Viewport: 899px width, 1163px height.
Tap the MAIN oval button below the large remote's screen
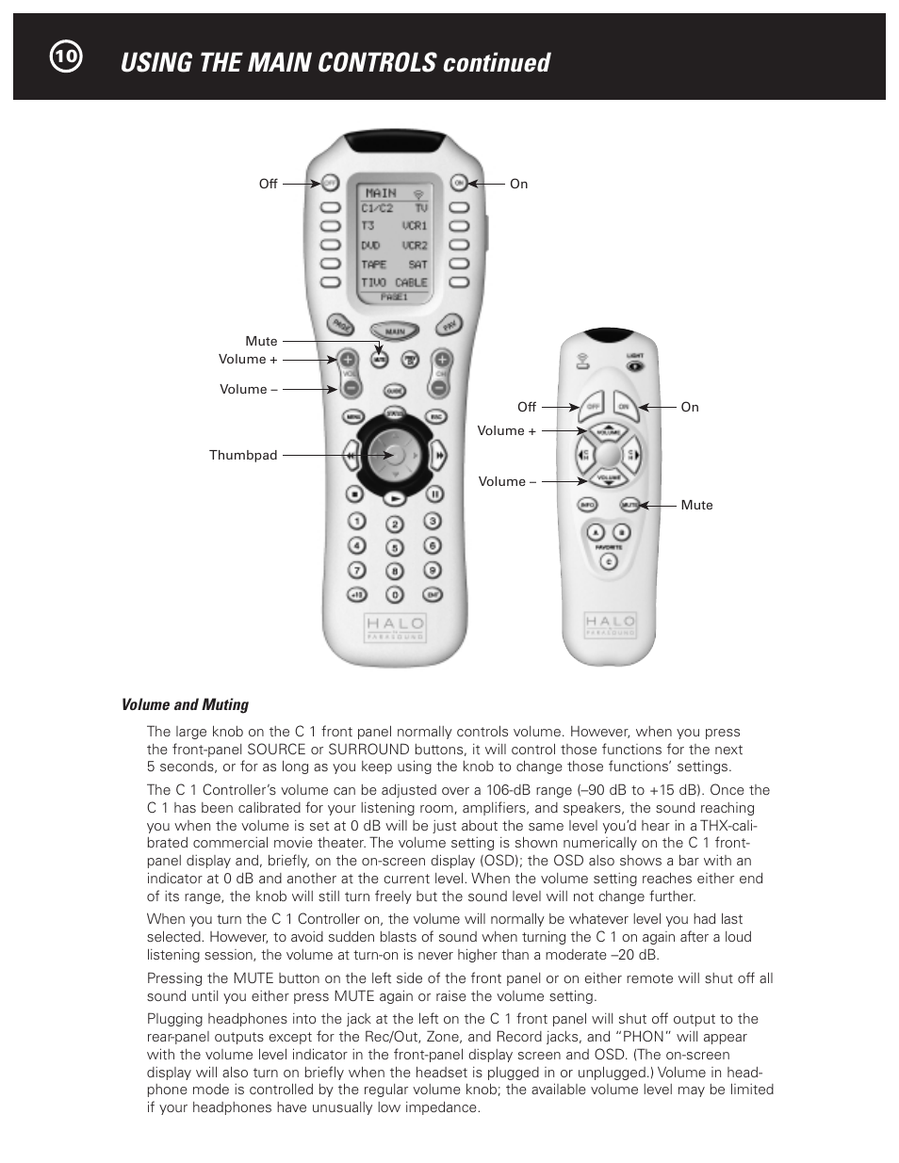coord(394,331)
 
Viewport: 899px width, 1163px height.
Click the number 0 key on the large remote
coord(395,594)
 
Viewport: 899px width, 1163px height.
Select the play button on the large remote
coord(396,496)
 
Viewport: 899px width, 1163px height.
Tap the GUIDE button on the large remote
coord(394,390)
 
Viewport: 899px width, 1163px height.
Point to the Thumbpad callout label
coord(243,455)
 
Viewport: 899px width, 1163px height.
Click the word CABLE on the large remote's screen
coord(411,283)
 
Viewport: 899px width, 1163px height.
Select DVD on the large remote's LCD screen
coord(370,245)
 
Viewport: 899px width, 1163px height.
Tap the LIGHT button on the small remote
coord(635,363)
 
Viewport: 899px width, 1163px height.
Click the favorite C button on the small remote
coord(608,562)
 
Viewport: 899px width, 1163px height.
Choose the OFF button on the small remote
coord(592,407)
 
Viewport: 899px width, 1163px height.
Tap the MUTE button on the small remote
coord(629,505)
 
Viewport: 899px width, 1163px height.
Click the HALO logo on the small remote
coord(610,622)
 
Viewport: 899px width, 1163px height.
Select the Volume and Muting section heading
coord(185,704)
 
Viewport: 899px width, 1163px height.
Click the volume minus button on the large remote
coord(348,387)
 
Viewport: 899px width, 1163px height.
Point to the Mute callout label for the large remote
coord(261,341)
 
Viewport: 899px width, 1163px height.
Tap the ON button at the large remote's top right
coord(458,183)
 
